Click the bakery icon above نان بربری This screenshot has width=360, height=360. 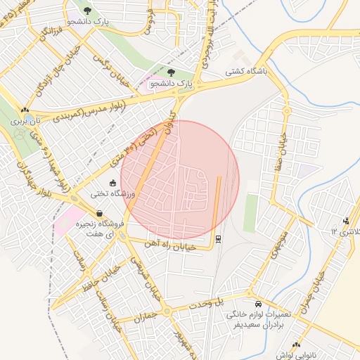[25, 110]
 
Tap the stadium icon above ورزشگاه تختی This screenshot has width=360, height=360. [113, 181]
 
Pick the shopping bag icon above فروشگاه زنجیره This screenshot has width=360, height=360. [99, 213]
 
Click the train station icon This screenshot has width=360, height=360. [218, 239]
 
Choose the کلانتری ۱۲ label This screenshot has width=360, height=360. [345, 231]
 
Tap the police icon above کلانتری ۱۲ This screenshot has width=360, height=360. [345, 221]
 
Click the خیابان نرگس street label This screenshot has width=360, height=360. [116, 71]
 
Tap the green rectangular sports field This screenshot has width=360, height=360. [250, 213]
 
